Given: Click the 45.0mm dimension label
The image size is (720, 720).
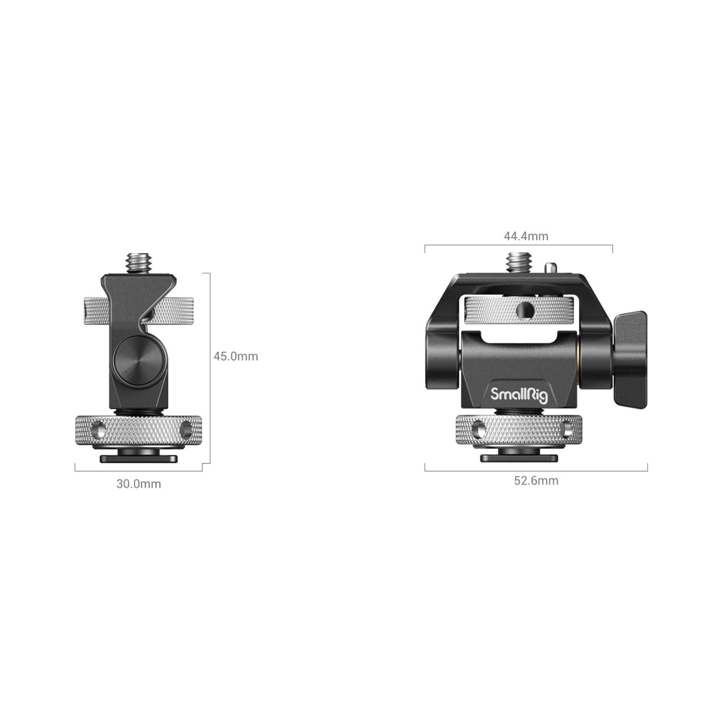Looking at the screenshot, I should [236, 356].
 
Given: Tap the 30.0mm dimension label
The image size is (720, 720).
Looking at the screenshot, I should [139, 484].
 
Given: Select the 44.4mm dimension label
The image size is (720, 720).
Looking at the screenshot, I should [526, 236].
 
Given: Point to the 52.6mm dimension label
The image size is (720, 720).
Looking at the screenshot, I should [536, 481].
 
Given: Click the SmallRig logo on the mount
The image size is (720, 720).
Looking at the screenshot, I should [519, 394].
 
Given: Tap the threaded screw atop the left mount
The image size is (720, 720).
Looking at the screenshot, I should [136, 263].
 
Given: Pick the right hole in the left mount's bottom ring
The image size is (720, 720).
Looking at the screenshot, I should [185, 429].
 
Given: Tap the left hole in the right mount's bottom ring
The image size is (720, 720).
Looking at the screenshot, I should [479, 429].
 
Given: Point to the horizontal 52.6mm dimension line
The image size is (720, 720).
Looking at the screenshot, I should [536, 470].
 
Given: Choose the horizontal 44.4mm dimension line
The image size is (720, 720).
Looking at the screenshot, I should [518, 246].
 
